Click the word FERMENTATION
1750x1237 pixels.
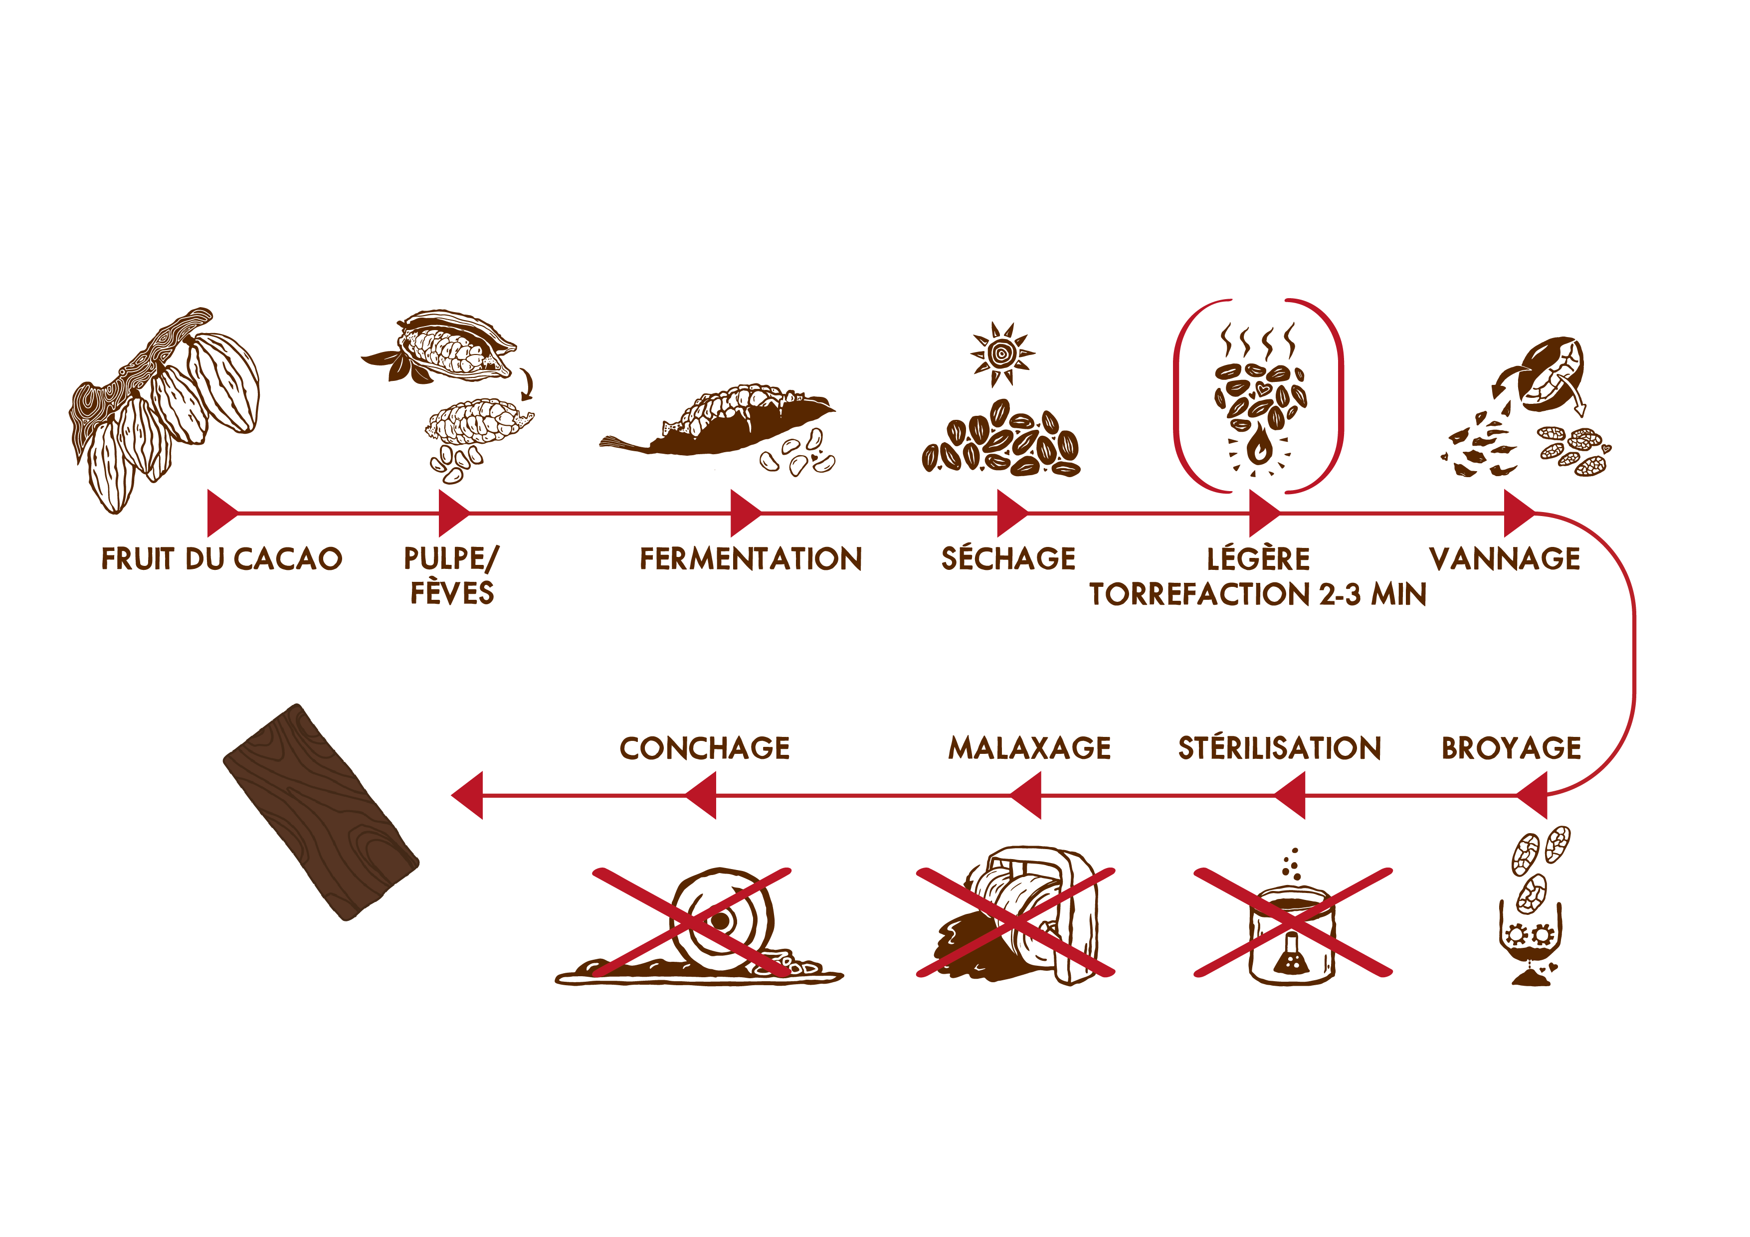(751, 559)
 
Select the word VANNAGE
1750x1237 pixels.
(1505, 559)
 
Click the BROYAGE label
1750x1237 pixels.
(1512, 748)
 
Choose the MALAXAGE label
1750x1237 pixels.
(1030, 748)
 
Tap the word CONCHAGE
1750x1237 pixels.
(705, 748)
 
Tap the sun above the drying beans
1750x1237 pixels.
(1002, 353)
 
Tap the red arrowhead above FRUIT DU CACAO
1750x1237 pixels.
(222, 514)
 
